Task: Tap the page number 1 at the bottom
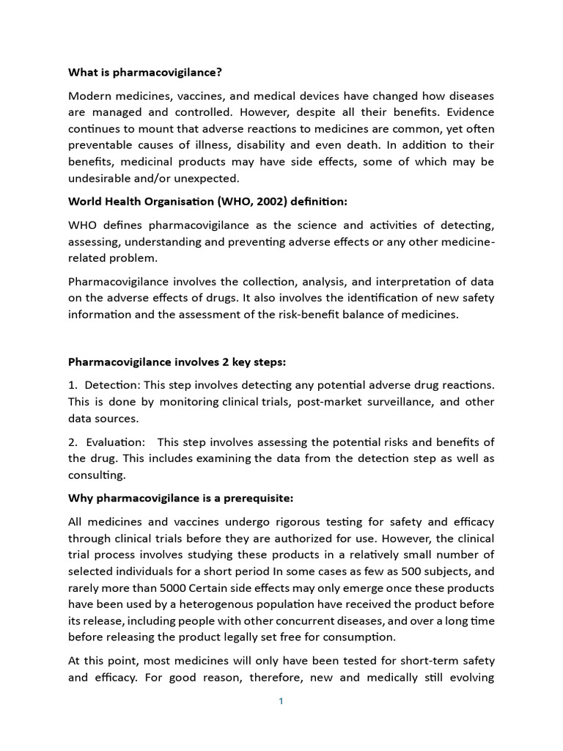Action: (x=281, y=701)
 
